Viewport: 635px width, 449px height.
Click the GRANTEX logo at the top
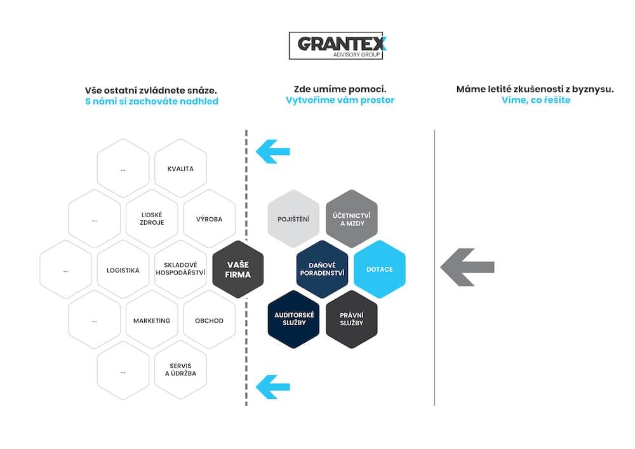coord(336,46)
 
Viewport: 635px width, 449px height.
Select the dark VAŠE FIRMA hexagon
coord(237,269)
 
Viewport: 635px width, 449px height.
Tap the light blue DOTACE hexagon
coord(380,269)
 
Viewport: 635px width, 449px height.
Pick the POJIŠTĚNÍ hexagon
coord(293,218)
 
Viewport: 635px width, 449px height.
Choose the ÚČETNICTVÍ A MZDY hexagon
coord(352,218)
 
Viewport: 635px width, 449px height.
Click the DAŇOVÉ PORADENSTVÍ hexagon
coord(322,269)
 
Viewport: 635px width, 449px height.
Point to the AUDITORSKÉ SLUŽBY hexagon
coord(293,319)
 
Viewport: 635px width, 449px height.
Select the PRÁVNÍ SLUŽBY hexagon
coord(352,319)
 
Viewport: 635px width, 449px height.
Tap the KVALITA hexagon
coord(180,168)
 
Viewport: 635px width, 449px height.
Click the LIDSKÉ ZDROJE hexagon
coord(152,218)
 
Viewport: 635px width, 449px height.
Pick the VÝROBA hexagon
coord(210,218)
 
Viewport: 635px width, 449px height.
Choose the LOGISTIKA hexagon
coord(123,270)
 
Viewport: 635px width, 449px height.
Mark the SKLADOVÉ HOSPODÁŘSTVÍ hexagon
coord(180,270)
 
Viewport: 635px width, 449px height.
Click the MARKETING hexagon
coord(152,320)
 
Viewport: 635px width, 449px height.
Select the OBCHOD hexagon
coord(210,320)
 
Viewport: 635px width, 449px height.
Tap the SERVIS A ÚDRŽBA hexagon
coord(180,370)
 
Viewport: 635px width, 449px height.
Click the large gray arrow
coord(467,267)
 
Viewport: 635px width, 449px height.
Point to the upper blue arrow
coord(273,152)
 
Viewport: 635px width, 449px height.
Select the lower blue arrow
coord(273,387)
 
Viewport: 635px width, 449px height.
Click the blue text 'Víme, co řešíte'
coord(536,100)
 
